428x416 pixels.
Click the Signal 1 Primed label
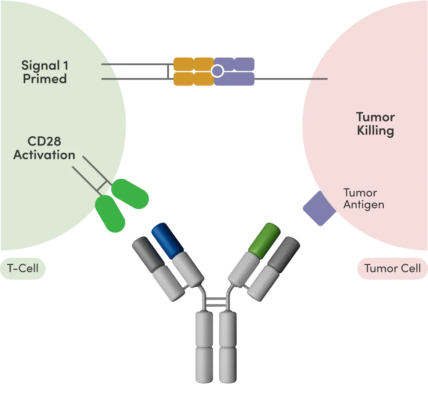tap(45, 72)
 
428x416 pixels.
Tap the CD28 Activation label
tap(44, 148)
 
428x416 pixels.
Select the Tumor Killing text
tap(375, 123)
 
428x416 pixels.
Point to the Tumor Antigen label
tap(364, 199)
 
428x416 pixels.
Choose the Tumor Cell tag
tap(392, 268)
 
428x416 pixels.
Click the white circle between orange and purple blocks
tap(217, 72)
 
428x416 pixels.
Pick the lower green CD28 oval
tap(110, 214)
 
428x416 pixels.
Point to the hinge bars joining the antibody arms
tap(217, 301)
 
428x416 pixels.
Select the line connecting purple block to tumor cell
tap(291, 79)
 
